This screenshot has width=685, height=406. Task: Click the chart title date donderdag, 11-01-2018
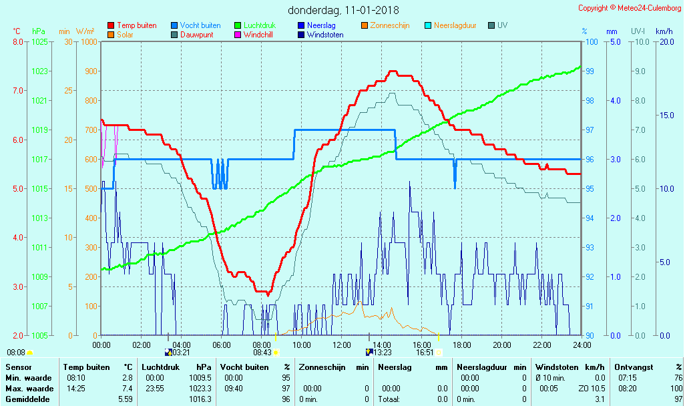[343, 10]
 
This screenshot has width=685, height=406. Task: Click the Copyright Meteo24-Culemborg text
[630, 8]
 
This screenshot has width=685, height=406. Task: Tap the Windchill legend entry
[258, 35]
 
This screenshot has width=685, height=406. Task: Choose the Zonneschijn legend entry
[389, 25]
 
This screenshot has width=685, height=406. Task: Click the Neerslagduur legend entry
[455, 25]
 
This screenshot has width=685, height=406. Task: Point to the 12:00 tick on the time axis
[342, 345]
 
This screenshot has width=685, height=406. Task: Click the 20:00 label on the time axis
[502, 345]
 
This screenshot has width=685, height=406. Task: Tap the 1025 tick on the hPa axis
[39, 42]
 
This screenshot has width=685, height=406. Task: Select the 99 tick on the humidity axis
[590, 71]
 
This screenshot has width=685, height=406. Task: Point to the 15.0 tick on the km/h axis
[665, 116]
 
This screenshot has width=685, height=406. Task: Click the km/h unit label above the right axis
[664, 31]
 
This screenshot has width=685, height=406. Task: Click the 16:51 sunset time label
[425, 352]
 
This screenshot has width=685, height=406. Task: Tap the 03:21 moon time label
[181, 352]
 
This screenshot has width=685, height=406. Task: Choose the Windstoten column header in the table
[556, 367]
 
